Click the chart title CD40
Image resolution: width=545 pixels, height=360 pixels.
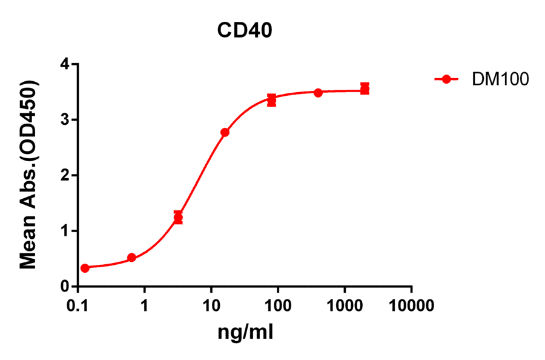click(245, 31)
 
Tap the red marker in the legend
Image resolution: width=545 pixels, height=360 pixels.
click(446, 79)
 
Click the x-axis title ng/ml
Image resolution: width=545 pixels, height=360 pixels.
click(247, 332)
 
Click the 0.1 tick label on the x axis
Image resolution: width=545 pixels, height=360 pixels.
click(78, 305)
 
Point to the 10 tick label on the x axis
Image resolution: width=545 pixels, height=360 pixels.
click(211, 305)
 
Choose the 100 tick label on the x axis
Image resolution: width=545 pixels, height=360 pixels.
click(278, 305)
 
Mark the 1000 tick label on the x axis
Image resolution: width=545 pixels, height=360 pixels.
click(345, 305)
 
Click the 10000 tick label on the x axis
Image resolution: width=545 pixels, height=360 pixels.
click(412, 305)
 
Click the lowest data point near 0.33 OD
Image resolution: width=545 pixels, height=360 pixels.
click(85, 268)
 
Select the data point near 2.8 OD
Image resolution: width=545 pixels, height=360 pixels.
click(225, 132)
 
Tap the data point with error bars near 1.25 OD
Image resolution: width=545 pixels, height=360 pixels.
click(178, 218)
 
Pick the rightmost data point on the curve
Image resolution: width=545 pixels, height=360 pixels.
click(365, 89)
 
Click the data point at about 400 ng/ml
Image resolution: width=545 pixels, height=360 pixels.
click(318, 93)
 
